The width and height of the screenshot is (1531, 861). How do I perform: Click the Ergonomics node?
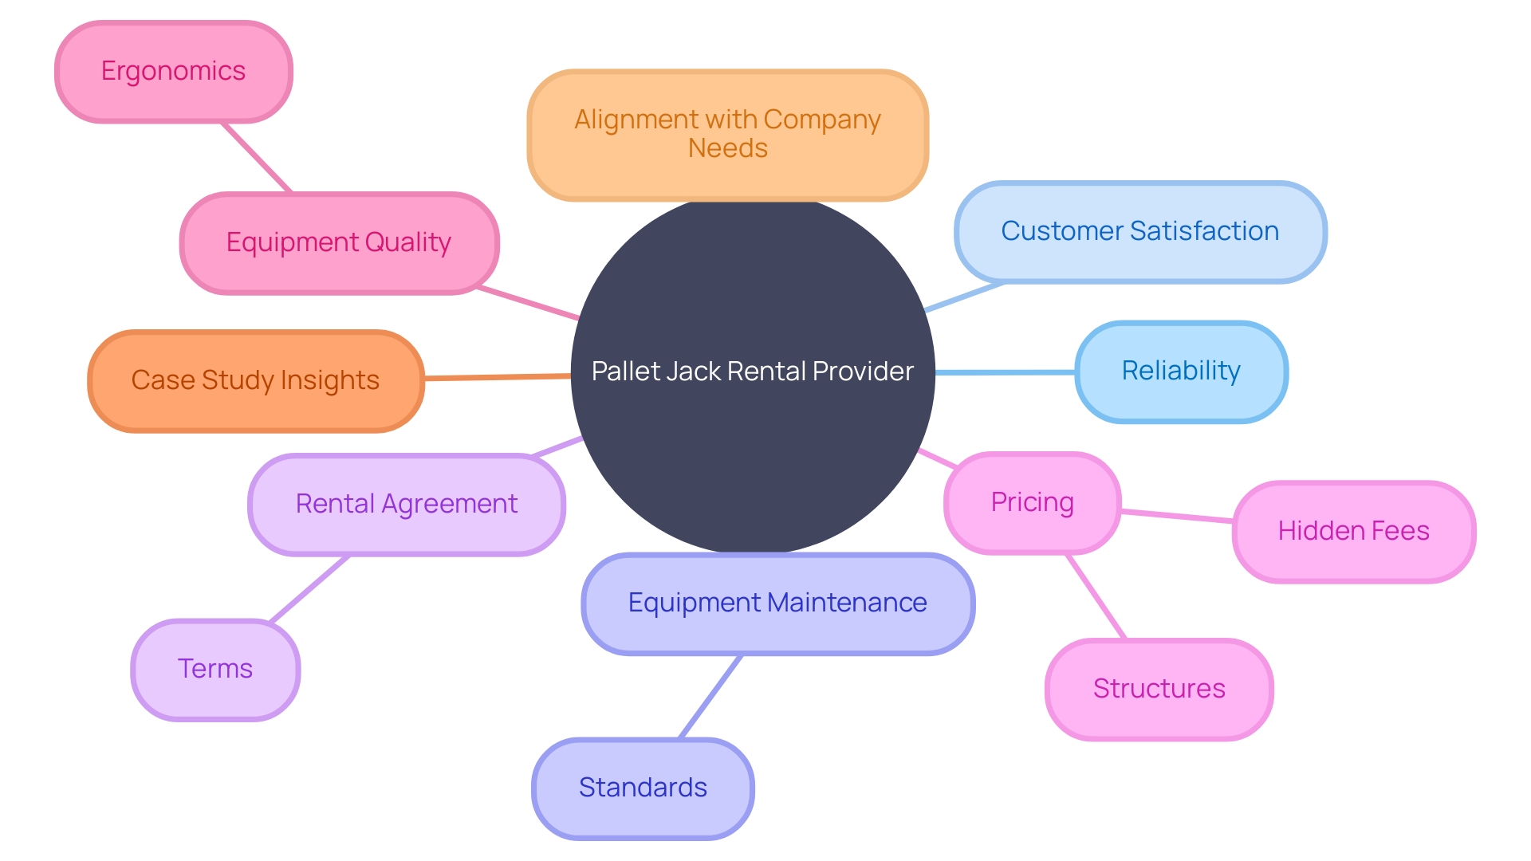click(173, 72)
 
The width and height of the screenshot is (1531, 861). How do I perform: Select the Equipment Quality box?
click(339, 242)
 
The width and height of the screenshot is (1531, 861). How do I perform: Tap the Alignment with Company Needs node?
click(727, 134)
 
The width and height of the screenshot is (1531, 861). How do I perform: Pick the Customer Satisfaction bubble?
click(1139, 231)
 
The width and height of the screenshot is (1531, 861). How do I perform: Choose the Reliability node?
click(1180, 372)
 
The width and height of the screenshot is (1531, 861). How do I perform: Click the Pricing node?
click(1032, 503)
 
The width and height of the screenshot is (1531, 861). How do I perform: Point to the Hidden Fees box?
click(1353, 531)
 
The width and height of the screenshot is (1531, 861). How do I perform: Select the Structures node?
click(1159, 689)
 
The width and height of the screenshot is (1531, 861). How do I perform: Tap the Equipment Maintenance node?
click(777, 603)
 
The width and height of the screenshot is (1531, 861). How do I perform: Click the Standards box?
click(643, 788)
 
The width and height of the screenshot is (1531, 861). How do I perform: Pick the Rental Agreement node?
click(407, 505)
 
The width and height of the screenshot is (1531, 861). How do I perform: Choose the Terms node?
click(215, 669)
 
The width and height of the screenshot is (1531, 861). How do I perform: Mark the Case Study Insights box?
click(255, 381)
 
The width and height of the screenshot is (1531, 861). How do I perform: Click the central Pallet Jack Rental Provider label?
click(752, 372)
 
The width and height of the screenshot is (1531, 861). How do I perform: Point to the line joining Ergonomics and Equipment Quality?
click(257, 158)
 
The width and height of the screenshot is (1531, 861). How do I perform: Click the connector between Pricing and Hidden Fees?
click(1177, 516)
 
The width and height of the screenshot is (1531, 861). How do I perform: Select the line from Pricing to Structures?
click(1096, 597)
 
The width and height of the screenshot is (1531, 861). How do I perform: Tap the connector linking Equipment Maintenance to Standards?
click(710, 697)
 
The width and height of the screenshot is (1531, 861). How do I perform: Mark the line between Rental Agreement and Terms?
click(309, 589)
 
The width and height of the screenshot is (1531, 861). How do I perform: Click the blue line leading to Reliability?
click(1005, 372)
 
